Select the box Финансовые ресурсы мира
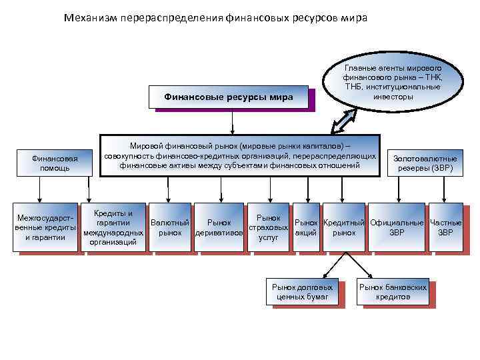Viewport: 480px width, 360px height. (x=229, y=97)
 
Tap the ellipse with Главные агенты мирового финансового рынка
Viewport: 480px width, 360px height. (x=393, y=83)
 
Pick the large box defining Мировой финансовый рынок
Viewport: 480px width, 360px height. (x=239, y=155)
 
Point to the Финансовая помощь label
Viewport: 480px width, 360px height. (x=55, y=163)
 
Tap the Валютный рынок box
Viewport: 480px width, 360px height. (x=170, y=227)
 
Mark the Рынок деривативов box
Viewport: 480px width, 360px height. (x=219, y=227)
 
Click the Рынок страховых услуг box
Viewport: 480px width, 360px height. (x=268, y=227)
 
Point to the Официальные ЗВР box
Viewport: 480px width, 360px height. (x=397, y=227)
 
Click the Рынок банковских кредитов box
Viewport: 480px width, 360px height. (x=393, y=291)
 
